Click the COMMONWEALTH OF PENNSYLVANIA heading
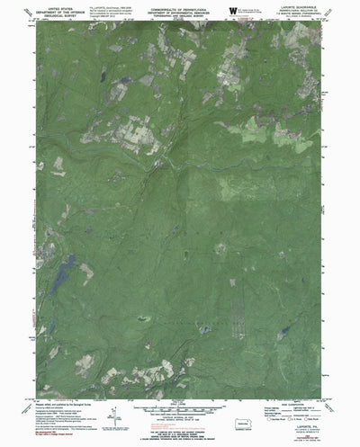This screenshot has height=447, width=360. coord(180,7)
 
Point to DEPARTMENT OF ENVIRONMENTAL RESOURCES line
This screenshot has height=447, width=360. coord(180,11)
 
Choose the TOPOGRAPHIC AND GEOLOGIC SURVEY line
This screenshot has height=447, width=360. coord(180,15)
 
